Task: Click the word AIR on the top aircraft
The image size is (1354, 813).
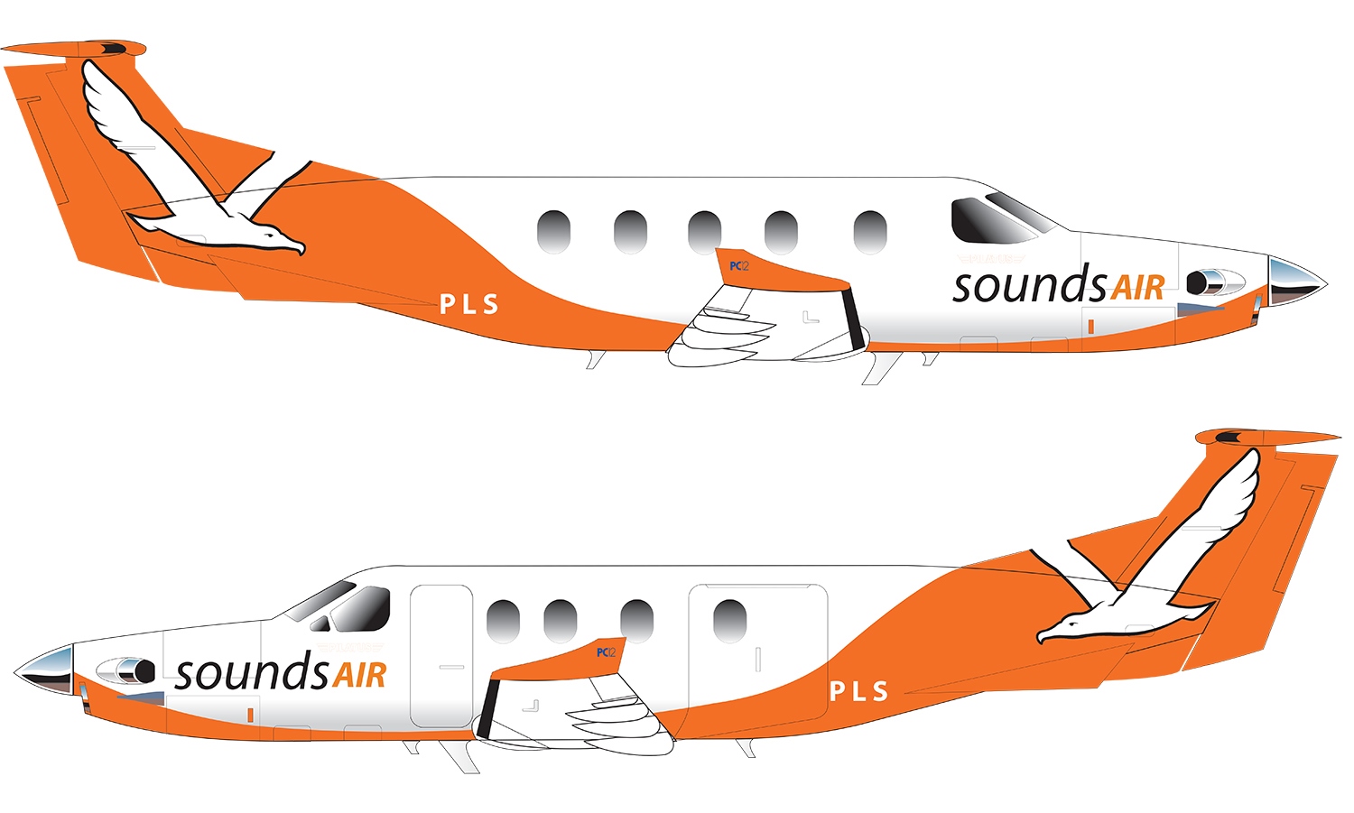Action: click(1136, 288)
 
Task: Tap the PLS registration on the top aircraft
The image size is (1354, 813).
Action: click(468, 305)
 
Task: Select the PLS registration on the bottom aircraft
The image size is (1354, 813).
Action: click(858, 692)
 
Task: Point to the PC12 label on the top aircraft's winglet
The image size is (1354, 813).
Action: click(738, 266)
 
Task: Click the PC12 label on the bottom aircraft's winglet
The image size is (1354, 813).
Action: click(606, 652)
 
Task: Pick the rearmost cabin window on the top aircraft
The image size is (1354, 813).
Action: click(553, 232)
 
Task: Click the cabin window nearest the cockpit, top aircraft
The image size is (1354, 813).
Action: click(869, 232)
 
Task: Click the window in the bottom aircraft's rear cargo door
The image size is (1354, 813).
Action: click(729, 621)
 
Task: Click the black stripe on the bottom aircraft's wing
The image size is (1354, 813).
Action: click(488, 707)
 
